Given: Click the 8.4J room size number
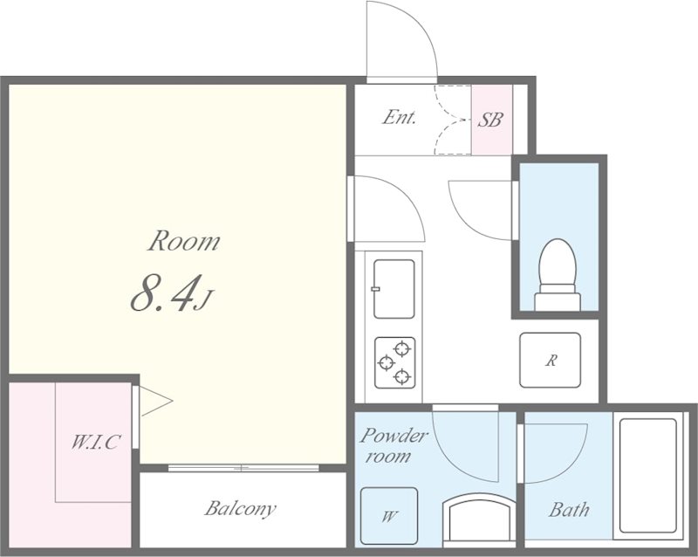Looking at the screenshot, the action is pos(172,292).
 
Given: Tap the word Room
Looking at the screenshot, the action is pos(183,241).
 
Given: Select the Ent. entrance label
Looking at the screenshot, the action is pos(400,118).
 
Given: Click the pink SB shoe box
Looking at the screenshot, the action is pos(492,120).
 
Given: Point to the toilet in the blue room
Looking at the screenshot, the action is pos(558,275).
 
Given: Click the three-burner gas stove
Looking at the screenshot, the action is pos(395,362).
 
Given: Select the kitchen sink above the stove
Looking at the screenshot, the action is pos(394,289).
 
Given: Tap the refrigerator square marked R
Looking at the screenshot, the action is pos(551,360).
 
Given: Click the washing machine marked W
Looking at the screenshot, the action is pos(388,516).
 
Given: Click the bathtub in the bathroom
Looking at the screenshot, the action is pos(647,476).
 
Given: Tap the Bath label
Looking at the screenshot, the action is pos(569,509).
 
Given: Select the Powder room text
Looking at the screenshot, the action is pos(393,445).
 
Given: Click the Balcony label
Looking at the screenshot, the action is pos(241,508).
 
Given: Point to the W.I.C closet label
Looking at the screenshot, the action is pos(95,442).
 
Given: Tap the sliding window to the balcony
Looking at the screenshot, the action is pos(243,468).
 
